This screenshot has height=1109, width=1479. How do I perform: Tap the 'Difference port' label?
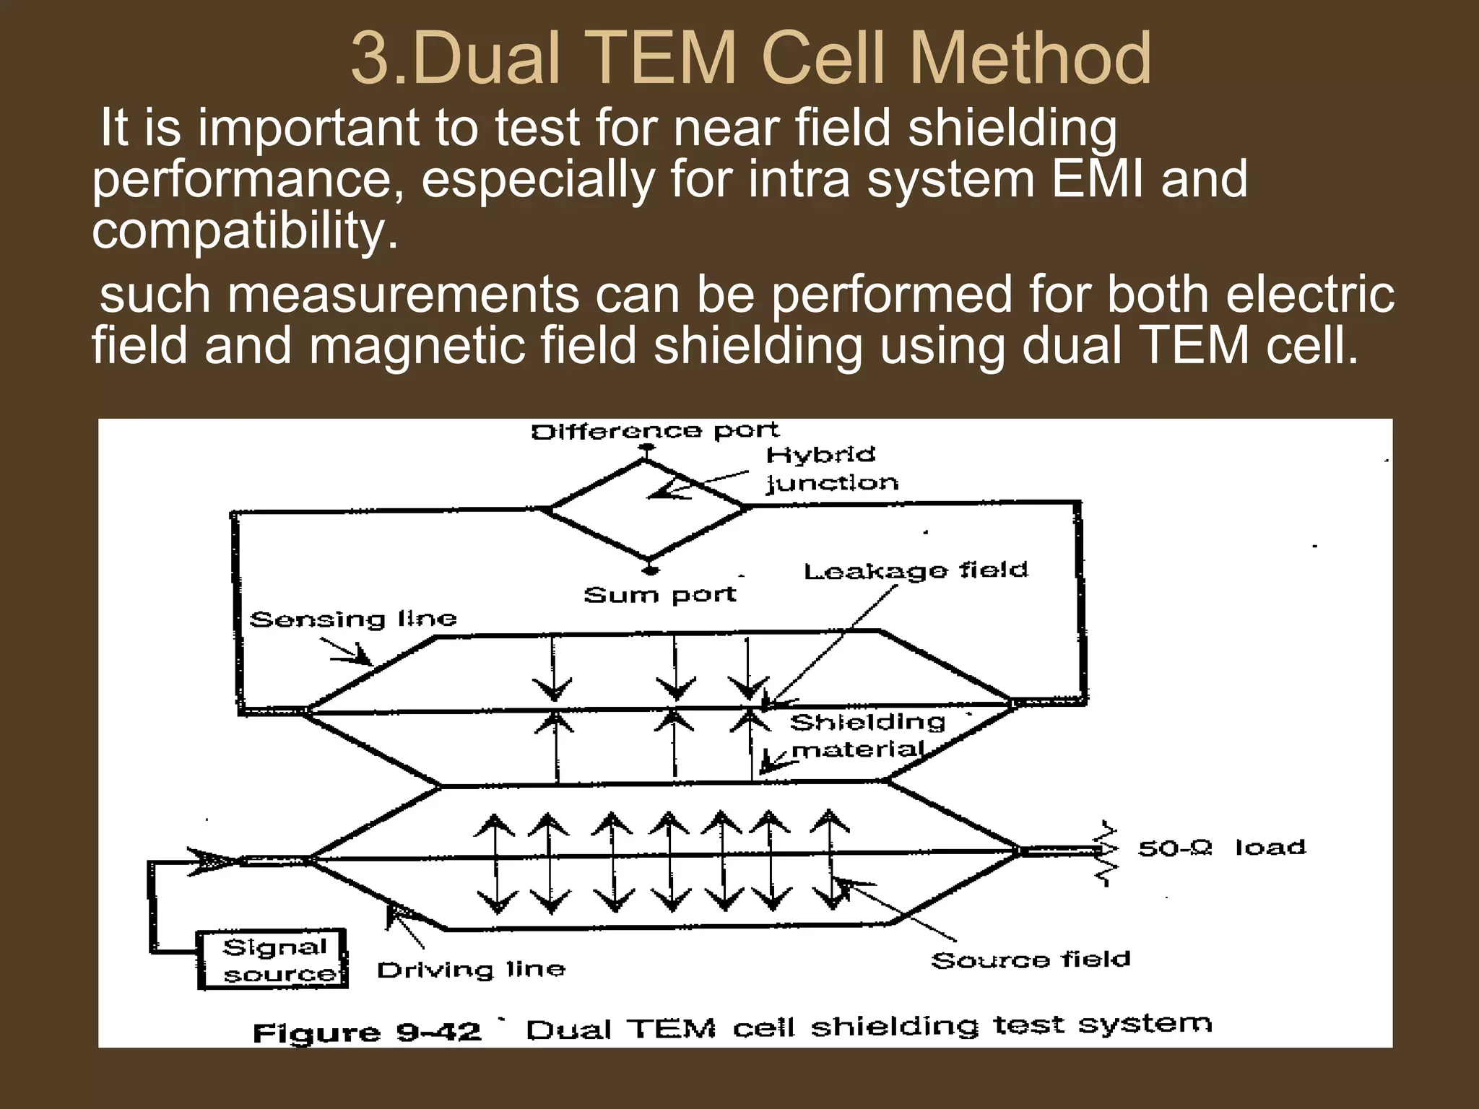(x=654, y=432)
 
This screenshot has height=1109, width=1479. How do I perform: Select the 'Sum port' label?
(x=659, y=595)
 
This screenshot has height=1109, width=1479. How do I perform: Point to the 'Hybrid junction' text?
(x=831, y=469)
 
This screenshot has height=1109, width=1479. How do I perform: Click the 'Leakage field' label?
(x=916, y=571)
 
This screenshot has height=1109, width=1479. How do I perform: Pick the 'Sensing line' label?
(x=352, y=619)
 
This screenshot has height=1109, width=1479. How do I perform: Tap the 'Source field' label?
(x=1031, y=960)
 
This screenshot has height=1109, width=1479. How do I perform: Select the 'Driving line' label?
(x=471, y=970)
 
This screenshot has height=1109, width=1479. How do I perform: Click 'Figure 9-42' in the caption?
(x=367, y=1032)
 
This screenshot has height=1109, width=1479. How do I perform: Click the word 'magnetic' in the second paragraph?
(x=417, y=346)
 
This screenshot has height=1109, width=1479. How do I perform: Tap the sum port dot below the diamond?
(x=650, y=570)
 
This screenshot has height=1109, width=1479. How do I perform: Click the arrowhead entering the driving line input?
(x=213, y=861)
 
